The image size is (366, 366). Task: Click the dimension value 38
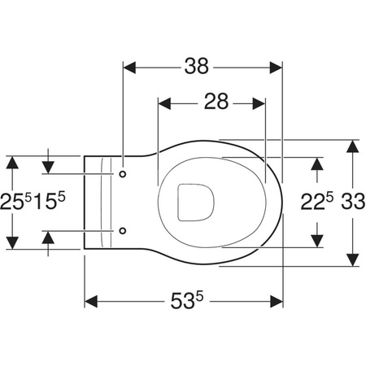point(197,66)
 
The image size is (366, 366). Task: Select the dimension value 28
point(216,102)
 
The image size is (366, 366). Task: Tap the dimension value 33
point(353,202)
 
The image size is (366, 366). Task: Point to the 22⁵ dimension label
point(316,202)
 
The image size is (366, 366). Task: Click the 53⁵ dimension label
point(187,300)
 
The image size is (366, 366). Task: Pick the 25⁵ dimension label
point(16,202)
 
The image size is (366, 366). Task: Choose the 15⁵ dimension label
point(49,201)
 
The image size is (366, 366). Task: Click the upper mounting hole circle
point(123,174)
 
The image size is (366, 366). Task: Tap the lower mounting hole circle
point(123,231)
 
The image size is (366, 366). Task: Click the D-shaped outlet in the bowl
point(196,203)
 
